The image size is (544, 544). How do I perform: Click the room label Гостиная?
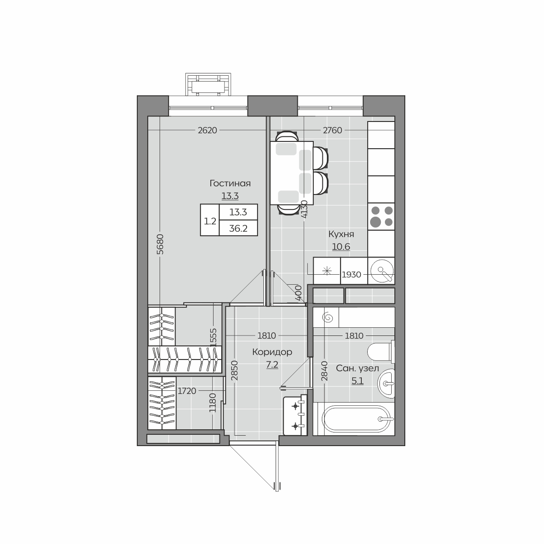pyautogui.click(x=230, y=184)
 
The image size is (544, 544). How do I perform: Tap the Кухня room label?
pyautogui.click(x=341, y=234)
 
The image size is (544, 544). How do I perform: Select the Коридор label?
pyautogui.click(x=272, y=352)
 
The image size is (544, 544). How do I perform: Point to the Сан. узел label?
pyautogui.click(x=357, y=369)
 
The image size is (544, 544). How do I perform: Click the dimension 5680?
pyautogui.click(x=160, y=244)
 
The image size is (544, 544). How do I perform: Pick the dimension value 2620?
pyautogui.click(x=208, y=130)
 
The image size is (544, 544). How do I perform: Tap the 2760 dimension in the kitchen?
pyautogui.click(x=333, y=130)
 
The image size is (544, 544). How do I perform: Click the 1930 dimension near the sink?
pyautogui.click(x=351, y=274)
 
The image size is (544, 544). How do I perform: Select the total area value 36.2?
pyautogui.click(x=238, y=228)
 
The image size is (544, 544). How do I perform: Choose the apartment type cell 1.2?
pyautogui.click(x=210, y=221)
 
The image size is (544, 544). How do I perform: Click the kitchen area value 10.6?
pyautogui.click(x=341, y=247)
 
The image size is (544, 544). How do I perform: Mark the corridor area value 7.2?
pyautogui.click(x=272, y=365)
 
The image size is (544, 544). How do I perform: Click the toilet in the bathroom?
pyautogui.click(x=381, y=352)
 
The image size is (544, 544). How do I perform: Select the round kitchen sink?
pyautogui.click(x=382, y=271)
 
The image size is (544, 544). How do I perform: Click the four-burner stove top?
pyautogui.click(x=381, y=217)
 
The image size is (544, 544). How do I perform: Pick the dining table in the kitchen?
pyautogui.click(x=292, y=173)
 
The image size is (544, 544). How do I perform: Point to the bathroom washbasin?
pyautogui.click(x=386, y=384)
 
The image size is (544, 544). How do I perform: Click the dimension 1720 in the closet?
pyautogui.click(x=187, y=391)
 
